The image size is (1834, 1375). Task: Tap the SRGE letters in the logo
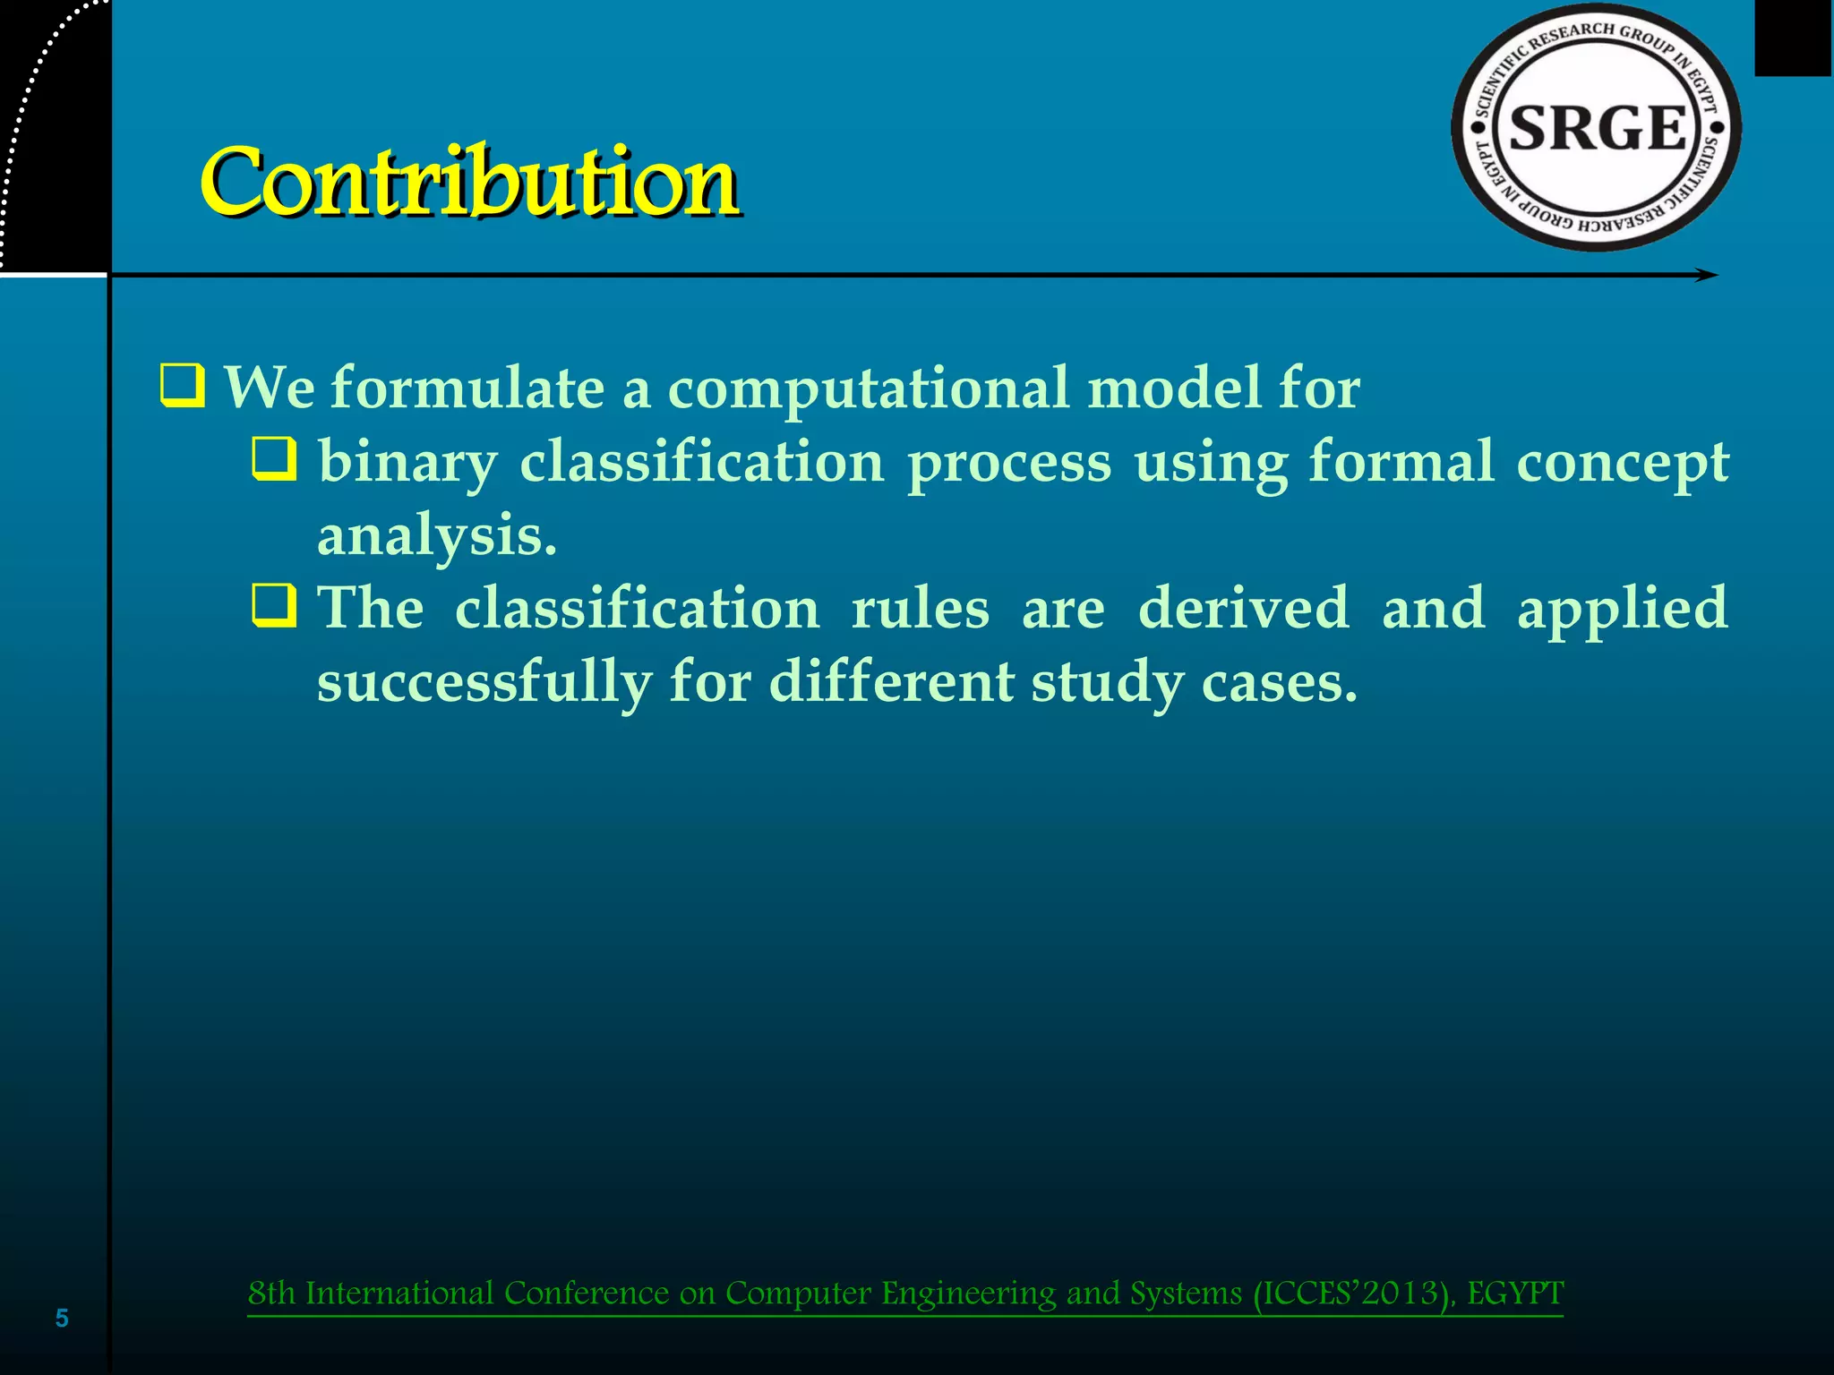[x=1598, y=128]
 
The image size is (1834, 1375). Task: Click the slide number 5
[x=62, y=1318]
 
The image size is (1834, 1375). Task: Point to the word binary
[x=407, y=464]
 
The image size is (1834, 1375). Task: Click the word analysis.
[x=437, y=536]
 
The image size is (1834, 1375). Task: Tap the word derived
[x=1243, y=608]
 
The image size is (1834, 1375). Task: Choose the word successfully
[x=484, y=683]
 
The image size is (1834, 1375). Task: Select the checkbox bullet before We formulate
[x=183, y=386]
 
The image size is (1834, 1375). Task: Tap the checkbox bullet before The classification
[x=273, y=605]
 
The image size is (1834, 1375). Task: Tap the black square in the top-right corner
[x=1793, y=38]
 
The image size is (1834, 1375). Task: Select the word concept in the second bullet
[x=1622, y=464]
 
